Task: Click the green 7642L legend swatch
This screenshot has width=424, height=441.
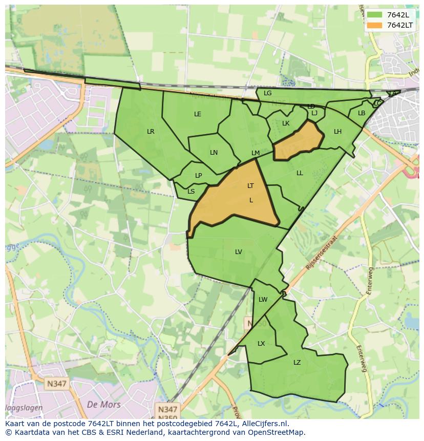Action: click(374, 15)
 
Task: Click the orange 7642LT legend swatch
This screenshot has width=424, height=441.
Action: click(374, 25)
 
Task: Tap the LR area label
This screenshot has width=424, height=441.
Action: click(151, 132)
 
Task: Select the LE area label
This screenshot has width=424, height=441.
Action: click(198, 114)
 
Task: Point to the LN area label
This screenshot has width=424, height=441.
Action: click(214, 153)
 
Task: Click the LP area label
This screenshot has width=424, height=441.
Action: click(198, 176)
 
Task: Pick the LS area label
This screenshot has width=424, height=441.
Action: click(191, 192)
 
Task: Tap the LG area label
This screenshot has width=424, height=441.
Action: click(267, 93)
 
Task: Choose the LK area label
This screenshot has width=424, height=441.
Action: click(286, 123)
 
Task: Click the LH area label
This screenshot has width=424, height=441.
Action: click(337, 132)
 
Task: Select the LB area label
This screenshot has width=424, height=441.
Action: click(362, 113)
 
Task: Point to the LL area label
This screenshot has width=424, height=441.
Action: click(300, 173)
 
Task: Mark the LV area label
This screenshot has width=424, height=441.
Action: click(238, 252)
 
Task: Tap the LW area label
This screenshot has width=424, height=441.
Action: click(263, 300)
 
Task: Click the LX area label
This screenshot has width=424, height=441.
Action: click(261, 344)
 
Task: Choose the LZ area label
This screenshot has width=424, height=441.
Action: click(297, 363)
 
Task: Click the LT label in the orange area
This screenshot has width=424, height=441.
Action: click(250, 186)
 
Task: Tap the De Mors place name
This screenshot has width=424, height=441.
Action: click(104, 405)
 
